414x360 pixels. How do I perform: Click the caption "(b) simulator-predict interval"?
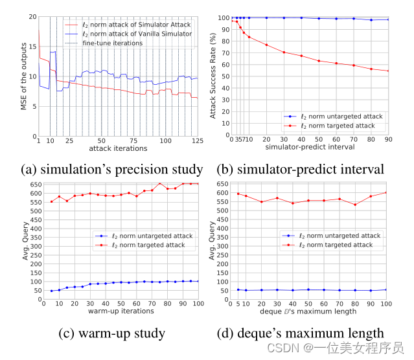point(303,170)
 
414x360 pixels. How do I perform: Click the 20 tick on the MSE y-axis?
point(32,16)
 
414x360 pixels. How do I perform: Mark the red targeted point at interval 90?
point(388,71)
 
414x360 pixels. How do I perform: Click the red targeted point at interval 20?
point(266,45)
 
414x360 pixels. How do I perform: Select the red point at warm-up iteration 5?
point(51,201)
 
